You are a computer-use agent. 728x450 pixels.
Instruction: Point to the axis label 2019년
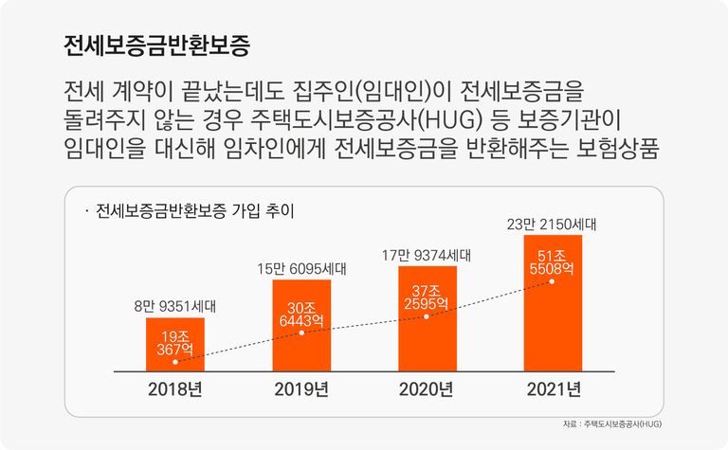coord(301,388)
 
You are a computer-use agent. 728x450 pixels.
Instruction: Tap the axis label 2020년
coord(427,388)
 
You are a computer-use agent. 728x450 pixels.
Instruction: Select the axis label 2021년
coord(553,388)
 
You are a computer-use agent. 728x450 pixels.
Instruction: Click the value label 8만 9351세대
coord(175,306)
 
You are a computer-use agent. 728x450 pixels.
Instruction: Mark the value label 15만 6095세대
coord(301,269)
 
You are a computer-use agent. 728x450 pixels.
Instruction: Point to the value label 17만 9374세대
coord(427,255)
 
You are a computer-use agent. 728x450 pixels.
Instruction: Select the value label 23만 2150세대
coord(553,225)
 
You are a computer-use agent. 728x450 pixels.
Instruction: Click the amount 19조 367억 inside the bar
coord(175,343)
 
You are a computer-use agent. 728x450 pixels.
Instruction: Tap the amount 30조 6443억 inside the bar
coord(301,314)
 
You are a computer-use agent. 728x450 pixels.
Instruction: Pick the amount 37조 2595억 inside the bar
coord(427,297)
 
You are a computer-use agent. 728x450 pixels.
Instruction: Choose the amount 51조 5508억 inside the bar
coord(553,262)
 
